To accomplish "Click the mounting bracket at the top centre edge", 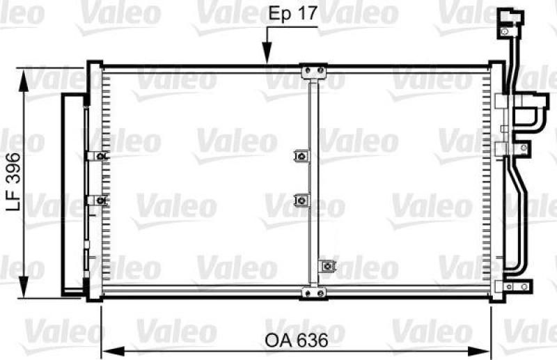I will click(313, 71).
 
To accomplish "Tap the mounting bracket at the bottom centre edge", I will click(313, 293).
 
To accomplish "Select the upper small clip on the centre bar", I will click(301, 157).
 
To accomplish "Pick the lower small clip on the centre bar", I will click(301, 201).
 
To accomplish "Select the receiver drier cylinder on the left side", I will click(71, 191).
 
